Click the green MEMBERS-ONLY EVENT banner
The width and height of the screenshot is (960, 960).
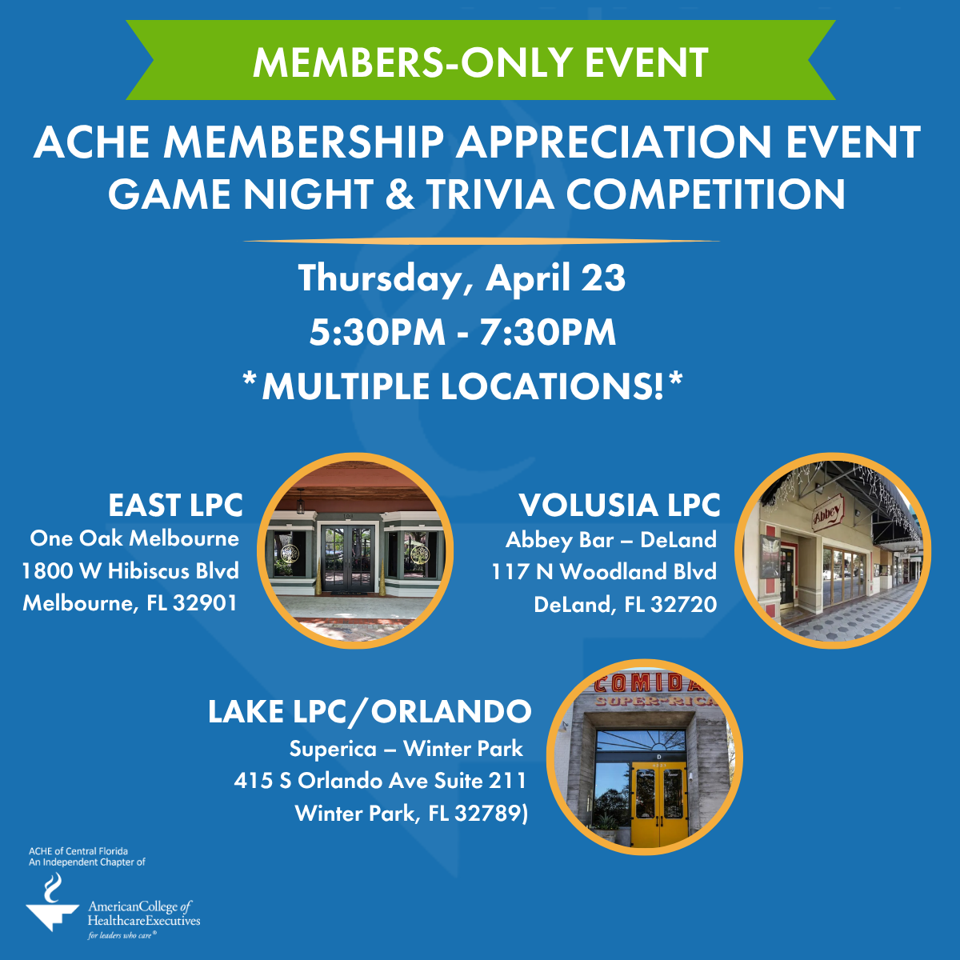[x=480, y=62]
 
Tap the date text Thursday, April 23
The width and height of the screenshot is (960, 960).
[x=462, y=278]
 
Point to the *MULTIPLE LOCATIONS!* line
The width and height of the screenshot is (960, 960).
[x=462, y=386]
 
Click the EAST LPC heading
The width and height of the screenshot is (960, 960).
[x=175, y=506]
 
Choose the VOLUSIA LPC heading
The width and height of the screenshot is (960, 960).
[x=619, y=506]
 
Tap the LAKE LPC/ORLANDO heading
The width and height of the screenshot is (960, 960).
[x=370, y=711]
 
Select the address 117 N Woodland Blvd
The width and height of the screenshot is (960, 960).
[x=604, y=571]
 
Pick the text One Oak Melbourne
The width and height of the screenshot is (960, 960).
[x=134, y=538]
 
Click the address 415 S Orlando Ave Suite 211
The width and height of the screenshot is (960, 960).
[x=380, y=780]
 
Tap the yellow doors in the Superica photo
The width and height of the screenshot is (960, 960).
[x=658, y=804]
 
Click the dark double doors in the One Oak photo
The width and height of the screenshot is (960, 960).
[x=348, y=558]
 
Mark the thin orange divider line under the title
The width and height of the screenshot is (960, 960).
[x=480, y=240]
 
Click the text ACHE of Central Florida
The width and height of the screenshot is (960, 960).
[x=78, y=851]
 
